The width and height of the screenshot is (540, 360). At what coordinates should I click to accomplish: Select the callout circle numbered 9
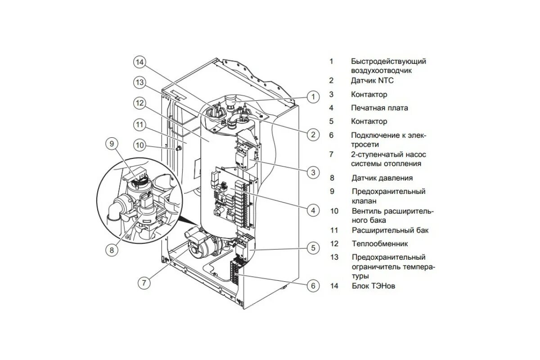point(112,144)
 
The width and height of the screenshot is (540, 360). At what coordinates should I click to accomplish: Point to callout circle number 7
point(144,283)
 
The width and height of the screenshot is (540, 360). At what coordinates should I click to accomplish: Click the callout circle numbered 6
point(313,285)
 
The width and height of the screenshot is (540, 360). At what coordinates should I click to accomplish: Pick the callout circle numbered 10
point(140,145)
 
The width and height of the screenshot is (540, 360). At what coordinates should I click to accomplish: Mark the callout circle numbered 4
point(313,210)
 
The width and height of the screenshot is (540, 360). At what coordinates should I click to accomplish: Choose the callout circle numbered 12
point(140,103)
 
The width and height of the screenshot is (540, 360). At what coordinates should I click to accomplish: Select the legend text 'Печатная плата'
point(380,108)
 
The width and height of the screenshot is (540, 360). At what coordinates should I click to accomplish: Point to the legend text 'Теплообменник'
point(380,244)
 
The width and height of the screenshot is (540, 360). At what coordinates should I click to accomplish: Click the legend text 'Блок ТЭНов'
point(373,286)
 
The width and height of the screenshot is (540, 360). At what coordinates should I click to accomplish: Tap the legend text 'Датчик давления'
point(382,178)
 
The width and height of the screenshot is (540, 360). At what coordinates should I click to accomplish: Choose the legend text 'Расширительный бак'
point(390,230)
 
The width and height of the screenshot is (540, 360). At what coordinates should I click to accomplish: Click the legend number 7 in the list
point(331,154)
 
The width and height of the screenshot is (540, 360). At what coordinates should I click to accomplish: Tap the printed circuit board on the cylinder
point(232,193)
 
